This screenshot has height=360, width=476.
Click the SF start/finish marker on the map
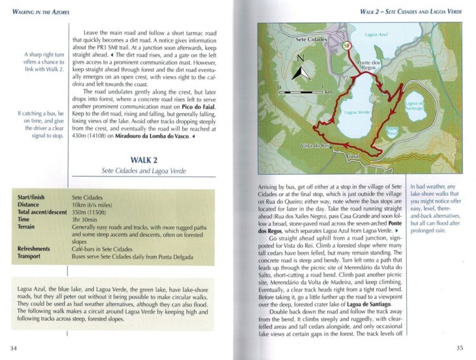[347, 45]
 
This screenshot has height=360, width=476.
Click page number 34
[14, 347]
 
